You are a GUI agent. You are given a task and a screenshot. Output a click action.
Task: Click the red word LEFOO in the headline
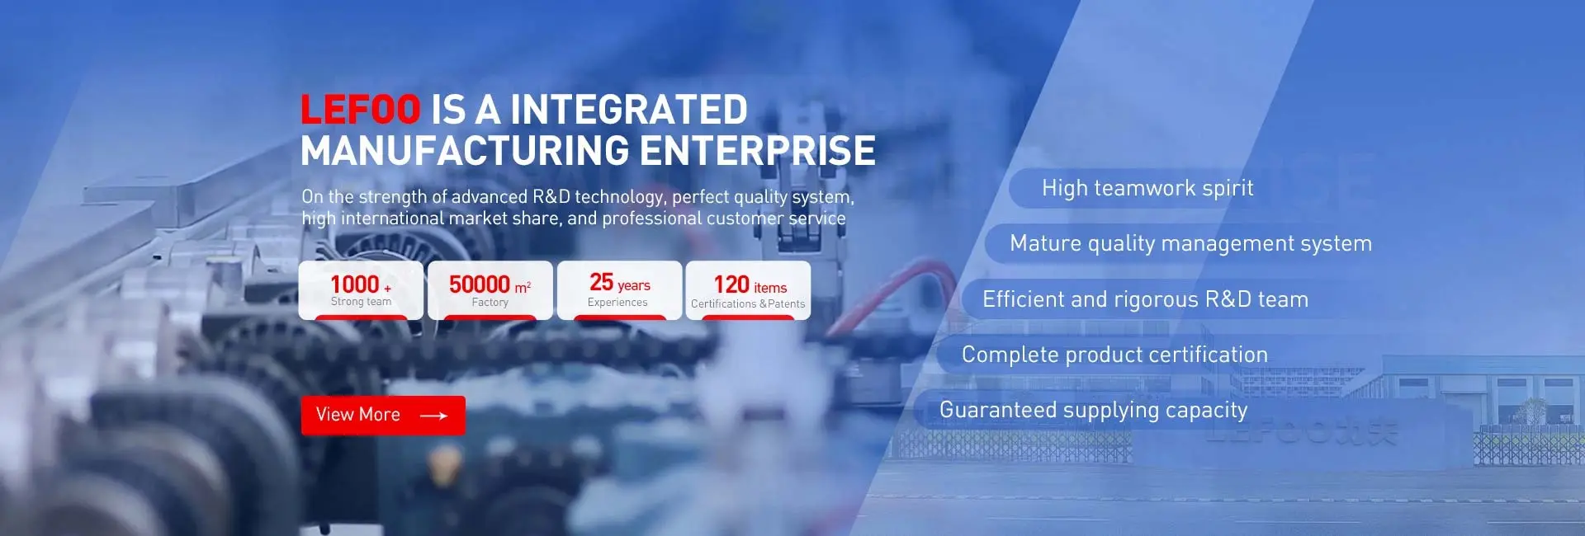click(x=361, y=110)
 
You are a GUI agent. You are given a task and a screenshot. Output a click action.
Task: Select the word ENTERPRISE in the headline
click(x=758, y=151)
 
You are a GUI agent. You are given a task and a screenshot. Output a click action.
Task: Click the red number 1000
click(x=355, y=284)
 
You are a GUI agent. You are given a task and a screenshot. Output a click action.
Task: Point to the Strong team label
click(x=361, y=302)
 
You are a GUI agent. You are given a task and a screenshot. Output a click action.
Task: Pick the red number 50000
click(x=480, y=284)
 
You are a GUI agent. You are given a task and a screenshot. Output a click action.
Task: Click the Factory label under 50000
click(x=490, y=303)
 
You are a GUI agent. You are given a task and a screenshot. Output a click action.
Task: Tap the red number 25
click(x=601, y=282)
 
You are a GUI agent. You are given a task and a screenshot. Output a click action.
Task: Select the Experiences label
click(x=617, y=303)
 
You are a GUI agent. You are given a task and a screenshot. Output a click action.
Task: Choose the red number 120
click(x=731, y=284)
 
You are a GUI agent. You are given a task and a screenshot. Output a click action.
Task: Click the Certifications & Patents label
click(x=748, y=303)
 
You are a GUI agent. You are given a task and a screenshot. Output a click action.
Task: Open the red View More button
click(x=383, y=415)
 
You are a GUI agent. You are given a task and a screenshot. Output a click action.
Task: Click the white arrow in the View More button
click(x=433, y=416)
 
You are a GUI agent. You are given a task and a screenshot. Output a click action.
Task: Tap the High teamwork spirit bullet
click(x=1147, y=188)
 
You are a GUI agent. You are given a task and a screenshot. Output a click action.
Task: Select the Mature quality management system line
click(x=1190, y=243)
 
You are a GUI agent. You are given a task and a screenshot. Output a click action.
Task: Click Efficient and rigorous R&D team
click(x=1145, y=299)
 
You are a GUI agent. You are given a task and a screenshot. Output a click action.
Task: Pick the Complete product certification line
click(x=1114, y=355)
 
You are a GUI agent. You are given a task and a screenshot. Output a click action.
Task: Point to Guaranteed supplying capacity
click(x=1093, y=410)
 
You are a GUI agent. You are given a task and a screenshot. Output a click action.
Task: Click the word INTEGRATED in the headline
click(x=628, y=110)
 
